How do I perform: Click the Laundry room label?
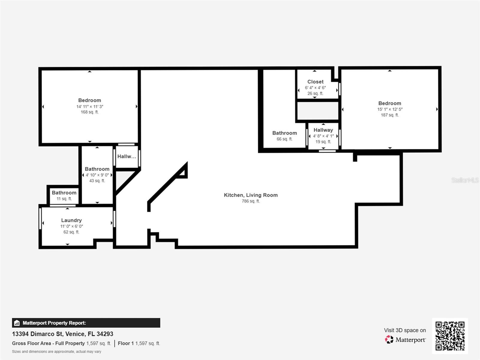click(71, 220)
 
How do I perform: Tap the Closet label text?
click(315, 82)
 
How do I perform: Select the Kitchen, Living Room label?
click(250, 195)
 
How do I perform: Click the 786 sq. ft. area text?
click(250, 201)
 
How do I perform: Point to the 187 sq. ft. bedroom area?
click(390, 115)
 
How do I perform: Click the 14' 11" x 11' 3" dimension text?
click(90, 106)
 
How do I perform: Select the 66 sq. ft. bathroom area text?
click(284, 139)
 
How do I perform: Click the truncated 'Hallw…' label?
click(127, 156)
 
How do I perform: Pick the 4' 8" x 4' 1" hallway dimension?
click(323, 136)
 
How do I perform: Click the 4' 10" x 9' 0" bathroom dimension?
click(97, 175)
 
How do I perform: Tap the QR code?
click(450, 336)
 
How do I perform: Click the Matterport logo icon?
click(389, 340)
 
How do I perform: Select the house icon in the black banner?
click(17, 323)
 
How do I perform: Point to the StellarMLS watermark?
click(465, 180)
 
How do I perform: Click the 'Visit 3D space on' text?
click(405, 330)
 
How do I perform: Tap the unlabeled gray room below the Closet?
click(317, 111)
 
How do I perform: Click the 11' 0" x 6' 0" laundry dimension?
click(71, 226)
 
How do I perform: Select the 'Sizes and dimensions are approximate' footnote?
click(57, 352)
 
